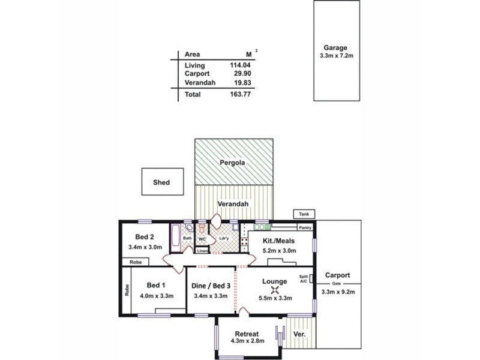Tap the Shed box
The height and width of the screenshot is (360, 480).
[161, 182]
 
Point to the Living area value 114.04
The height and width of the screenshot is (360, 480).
[240, 65]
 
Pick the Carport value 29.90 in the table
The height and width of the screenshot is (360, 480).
[242, 74]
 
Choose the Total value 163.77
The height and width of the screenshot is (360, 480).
[240, 94]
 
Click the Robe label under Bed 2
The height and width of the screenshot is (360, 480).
[136, 262]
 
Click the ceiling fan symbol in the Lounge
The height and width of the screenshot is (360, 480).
[275, 290]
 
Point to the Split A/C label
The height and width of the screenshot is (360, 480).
[304, 280]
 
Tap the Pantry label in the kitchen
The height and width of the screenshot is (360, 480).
[305, 228]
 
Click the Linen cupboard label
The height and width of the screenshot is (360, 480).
[203, 251]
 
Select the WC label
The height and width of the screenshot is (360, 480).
[202, 239]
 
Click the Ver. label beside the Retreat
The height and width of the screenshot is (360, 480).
[300, 334]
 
